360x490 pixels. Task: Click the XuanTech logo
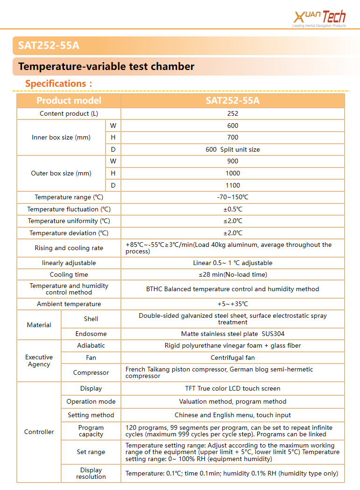(320, 18)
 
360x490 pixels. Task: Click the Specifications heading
(58, 84)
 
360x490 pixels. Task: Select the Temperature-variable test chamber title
(106, 67)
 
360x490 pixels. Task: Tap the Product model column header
(69, 101)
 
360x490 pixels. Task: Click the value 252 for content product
(233, 113)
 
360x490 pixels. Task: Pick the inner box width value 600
(233, 126)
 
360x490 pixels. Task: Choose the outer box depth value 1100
(233, 185)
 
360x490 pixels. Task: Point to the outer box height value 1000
(233, 173)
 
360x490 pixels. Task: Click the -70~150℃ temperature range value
(233, 197)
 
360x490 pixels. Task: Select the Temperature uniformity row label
(69, 221)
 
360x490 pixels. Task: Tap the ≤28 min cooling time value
(233, 274)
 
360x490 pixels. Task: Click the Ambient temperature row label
(69, 304)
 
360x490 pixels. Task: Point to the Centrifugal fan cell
(233, 357)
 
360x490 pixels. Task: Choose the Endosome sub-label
(91, 334)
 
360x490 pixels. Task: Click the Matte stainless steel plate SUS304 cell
(233, 334)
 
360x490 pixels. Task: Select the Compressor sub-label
(91, 372)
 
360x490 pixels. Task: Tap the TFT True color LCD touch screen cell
(233, 388)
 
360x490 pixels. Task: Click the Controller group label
(39, 432)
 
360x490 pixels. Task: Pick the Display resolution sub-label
(91, 473)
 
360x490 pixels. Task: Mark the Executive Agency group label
(39, 361)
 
